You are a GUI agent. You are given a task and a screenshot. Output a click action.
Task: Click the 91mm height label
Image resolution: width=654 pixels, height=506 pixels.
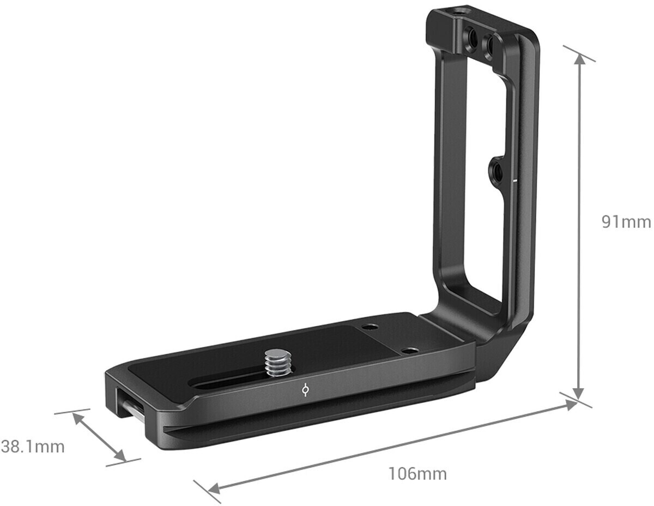(x=626, y=222)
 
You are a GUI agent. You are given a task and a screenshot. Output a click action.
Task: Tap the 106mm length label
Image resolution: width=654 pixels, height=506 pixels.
(x=417, y=473)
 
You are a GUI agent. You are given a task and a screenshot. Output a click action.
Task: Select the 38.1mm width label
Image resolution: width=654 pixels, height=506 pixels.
(x=33, y=447)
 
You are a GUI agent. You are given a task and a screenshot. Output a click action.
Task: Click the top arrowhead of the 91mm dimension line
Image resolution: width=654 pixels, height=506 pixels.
(x=579, y=58)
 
